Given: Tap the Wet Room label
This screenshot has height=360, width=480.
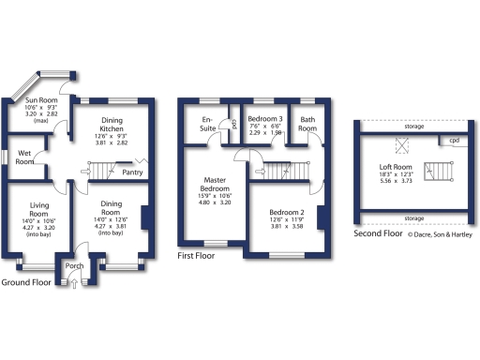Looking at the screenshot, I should (x=24, y=157).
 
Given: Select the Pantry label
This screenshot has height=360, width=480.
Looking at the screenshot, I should (x=132, y=172).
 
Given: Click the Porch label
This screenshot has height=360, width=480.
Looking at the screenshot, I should (x=75, y=265).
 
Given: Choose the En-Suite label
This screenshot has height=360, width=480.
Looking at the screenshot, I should (x=207, y=124).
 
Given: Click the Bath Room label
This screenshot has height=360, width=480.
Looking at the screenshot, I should (x=307, y=124).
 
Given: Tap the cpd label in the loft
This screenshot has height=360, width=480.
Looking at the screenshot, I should (x=454, y=141).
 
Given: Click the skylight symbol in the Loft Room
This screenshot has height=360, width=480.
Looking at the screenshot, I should (x=405, y=144).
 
